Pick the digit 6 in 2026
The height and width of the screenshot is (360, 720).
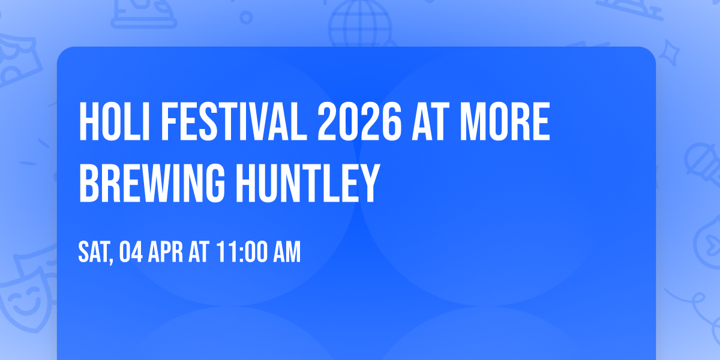(x=390, y=122)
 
